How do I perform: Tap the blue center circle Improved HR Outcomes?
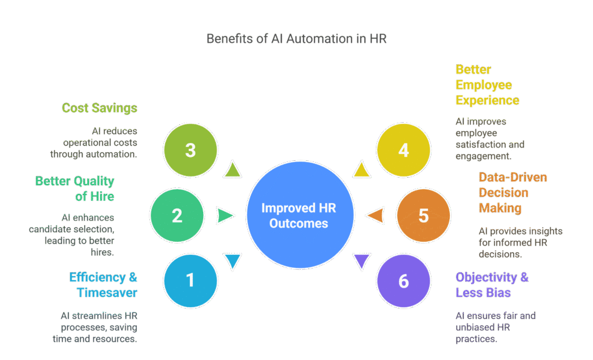[300, 215]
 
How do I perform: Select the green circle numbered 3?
[191, 150]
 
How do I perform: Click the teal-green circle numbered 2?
[177, 215]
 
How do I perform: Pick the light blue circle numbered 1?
[191, 281]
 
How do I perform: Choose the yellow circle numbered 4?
[404, 150]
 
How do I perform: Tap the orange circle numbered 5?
[423, 215]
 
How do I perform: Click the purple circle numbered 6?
[404, 281]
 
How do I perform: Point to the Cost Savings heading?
[100, 108]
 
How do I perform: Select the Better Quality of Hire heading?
[75, 189]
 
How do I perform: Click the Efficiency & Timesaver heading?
[104, 285]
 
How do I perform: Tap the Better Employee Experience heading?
[487, 85]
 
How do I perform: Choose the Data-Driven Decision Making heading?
[513, 192]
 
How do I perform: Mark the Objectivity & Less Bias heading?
[492, 285]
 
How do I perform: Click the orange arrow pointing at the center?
[375, 215]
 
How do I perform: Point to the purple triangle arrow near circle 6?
[361, 261]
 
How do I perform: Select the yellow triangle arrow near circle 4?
[361, 170]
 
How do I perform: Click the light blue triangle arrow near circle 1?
[232, 261]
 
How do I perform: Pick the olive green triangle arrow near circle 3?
[232, 170]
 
